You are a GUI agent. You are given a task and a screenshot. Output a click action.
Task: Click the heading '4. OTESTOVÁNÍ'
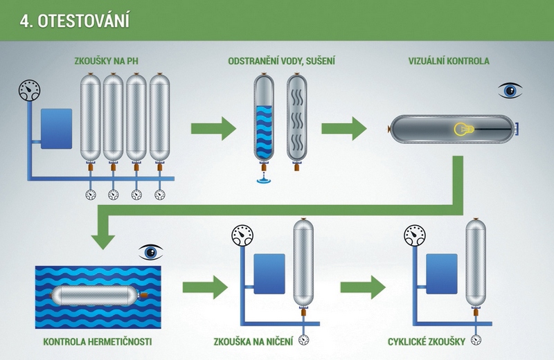click(75, 21)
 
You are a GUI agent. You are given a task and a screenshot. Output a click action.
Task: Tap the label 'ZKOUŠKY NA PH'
click(107, 61)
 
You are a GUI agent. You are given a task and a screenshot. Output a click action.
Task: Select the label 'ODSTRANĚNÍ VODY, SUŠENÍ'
click(282, 61)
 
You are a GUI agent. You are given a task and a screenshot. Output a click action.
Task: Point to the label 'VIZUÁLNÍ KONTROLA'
click(449, 61)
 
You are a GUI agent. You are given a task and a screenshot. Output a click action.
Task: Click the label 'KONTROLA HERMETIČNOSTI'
click(98, 341)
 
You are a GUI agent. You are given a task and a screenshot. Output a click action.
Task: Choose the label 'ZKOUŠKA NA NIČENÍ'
click(253, 341)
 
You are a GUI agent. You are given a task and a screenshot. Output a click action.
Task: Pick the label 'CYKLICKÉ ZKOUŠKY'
click(427, 341)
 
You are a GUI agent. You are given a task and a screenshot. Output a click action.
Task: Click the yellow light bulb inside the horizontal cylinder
click(463, 129)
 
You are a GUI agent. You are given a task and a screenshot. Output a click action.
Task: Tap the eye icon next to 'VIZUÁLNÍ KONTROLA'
click(510, 91)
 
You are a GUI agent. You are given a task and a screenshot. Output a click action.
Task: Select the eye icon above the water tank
click(151, 252)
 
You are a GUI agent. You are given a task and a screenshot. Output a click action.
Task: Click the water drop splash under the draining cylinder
click(264, 179)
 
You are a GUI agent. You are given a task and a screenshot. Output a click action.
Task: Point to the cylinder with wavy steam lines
click(297, 121)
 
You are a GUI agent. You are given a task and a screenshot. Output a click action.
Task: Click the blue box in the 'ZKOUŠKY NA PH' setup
click(57, 129)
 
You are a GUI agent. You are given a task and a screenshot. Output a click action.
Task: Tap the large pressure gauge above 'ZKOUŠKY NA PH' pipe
click(29, 91)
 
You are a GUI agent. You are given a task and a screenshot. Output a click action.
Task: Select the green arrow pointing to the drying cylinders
click(213, 129)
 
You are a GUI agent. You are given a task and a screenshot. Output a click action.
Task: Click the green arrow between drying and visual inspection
click(343, 129)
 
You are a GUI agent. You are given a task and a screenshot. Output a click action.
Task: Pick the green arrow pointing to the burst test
click(205, 287)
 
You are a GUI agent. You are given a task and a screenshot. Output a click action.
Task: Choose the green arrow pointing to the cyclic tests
click(363, 287)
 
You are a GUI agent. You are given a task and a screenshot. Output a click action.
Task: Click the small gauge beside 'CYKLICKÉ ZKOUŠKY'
click(476, 340)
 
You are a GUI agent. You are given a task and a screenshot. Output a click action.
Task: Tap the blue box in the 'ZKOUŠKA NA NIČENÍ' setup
click(269, 273)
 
